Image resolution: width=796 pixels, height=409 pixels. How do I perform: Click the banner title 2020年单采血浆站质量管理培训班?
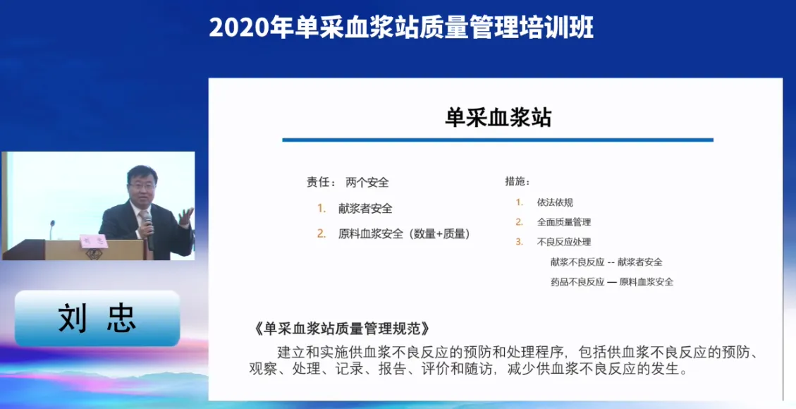[x=401, y=27]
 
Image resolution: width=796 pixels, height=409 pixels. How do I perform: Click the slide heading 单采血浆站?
[x=498, y=117]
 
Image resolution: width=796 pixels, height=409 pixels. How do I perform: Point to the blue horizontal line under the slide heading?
[x=498, y=140]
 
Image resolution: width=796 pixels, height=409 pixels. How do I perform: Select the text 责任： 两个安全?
[x=348, y=182]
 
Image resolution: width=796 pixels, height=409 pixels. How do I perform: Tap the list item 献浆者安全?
[x=365, y=209]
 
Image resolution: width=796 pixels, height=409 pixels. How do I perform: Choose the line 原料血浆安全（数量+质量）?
[x=404, y=234]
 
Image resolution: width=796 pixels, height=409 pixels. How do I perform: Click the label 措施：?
[x=518, y=181]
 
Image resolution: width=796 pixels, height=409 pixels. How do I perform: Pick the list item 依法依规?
[x=555, y=202]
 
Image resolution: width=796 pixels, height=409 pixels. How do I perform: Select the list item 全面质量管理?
[x=564, y=222]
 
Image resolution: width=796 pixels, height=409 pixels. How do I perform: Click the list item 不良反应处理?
[x=564, y=242]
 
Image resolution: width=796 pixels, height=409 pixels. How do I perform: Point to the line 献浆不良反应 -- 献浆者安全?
[x=606, y=262]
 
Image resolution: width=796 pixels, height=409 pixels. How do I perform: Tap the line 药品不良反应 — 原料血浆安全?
[x=612, y=281]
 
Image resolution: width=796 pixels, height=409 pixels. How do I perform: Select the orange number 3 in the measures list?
[x=520, y=242]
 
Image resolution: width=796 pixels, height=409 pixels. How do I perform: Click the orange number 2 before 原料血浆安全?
[x=322, y=234]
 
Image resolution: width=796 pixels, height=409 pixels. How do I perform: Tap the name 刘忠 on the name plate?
[x=97, y=318]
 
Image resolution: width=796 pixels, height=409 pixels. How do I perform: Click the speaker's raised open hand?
[x=186, y=217]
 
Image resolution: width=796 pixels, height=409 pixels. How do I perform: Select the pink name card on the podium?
[x=94, y=241]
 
